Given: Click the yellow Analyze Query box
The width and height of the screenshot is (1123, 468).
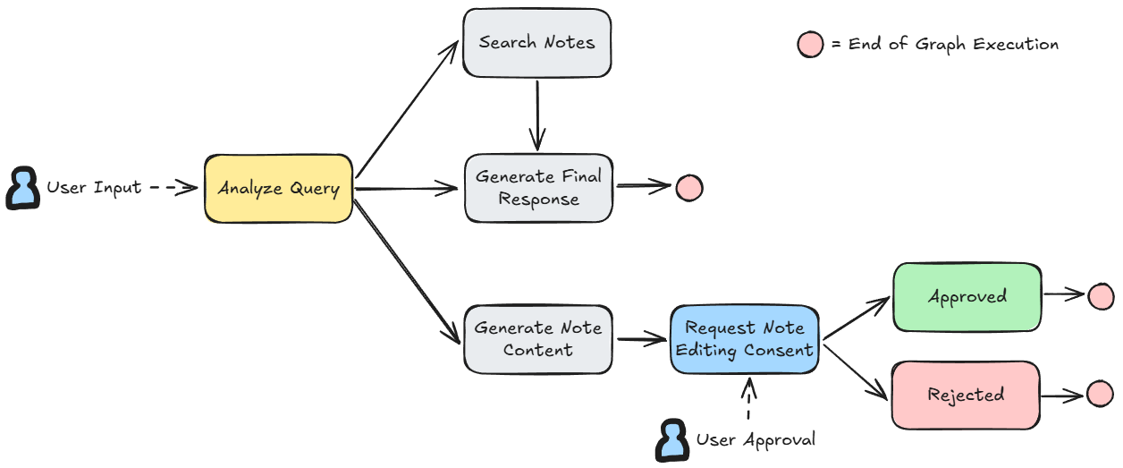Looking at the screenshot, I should click(278, 189).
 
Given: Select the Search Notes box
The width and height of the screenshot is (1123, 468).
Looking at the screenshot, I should click(536, 43).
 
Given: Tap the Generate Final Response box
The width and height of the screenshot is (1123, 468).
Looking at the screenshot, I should click(538, 188).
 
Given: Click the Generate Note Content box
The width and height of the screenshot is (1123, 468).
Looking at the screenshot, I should click(537, 339).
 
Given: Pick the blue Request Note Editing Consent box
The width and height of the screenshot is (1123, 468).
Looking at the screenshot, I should click(745, 339).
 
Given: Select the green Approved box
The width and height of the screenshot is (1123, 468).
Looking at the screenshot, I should click(967, 296).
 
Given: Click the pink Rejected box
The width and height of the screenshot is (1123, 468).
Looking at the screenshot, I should click(966, 395).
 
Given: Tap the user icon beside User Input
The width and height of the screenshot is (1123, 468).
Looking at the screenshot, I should click(22, 189).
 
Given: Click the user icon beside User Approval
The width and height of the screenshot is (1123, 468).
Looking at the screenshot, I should click(671, 440).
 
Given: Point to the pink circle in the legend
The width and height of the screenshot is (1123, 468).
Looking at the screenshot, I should click(810, 45).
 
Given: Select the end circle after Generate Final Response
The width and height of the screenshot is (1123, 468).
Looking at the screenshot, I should click(688, 188).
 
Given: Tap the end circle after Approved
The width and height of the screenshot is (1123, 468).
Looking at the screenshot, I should click(1101, 296).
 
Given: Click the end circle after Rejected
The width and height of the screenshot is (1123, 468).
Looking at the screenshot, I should click(1100, 394).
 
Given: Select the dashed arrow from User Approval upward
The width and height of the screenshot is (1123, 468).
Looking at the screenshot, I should click(748, 399).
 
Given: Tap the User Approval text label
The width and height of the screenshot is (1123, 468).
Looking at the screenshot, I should click(756, 440).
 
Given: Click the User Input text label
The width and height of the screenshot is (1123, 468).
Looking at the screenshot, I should click(94, 188).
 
